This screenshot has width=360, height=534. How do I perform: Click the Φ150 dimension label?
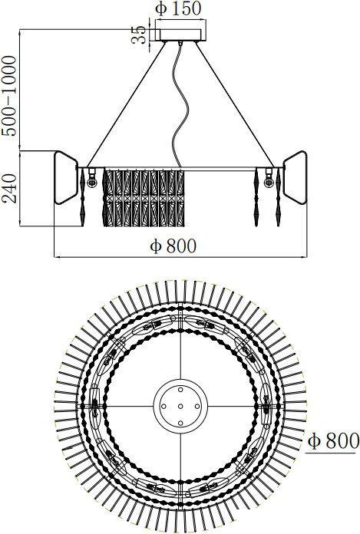click(178, 9)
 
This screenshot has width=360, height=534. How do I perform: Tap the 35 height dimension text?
click(139, 35)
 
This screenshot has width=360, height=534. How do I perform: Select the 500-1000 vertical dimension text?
click(9, 96)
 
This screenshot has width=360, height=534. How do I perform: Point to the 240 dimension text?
click(9, 188)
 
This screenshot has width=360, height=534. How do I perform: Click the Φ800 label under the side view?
click(173, 246)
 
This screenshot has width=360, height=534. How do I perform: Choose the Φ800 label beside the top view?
click(333, 441)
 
